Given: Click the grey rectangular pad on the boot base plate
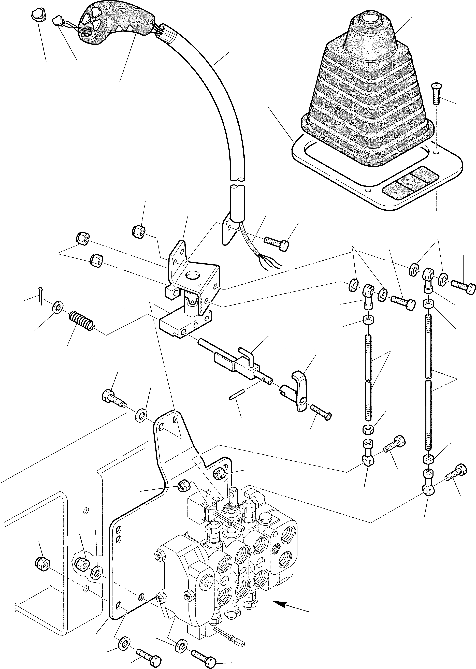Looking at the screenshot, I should click(x=410, y=183).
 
